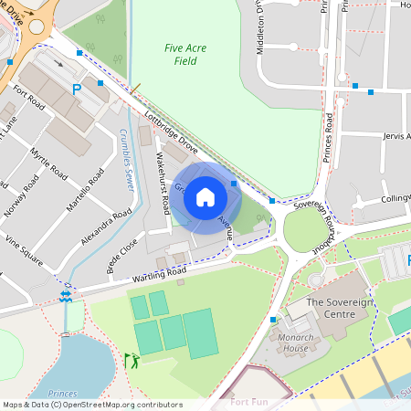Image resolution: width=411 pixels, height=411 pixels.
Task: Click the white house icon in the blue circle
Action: [x=205, y=196]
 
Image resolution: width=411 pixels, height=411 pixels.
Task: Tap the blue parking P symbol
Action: [x=77, y=90]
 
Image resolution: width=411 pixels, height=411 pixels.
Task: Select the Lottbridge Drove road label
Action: [x=171, y=132]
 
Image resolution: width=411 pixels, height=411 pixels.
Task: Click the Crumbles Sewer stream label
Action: [x=127, y=155]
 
